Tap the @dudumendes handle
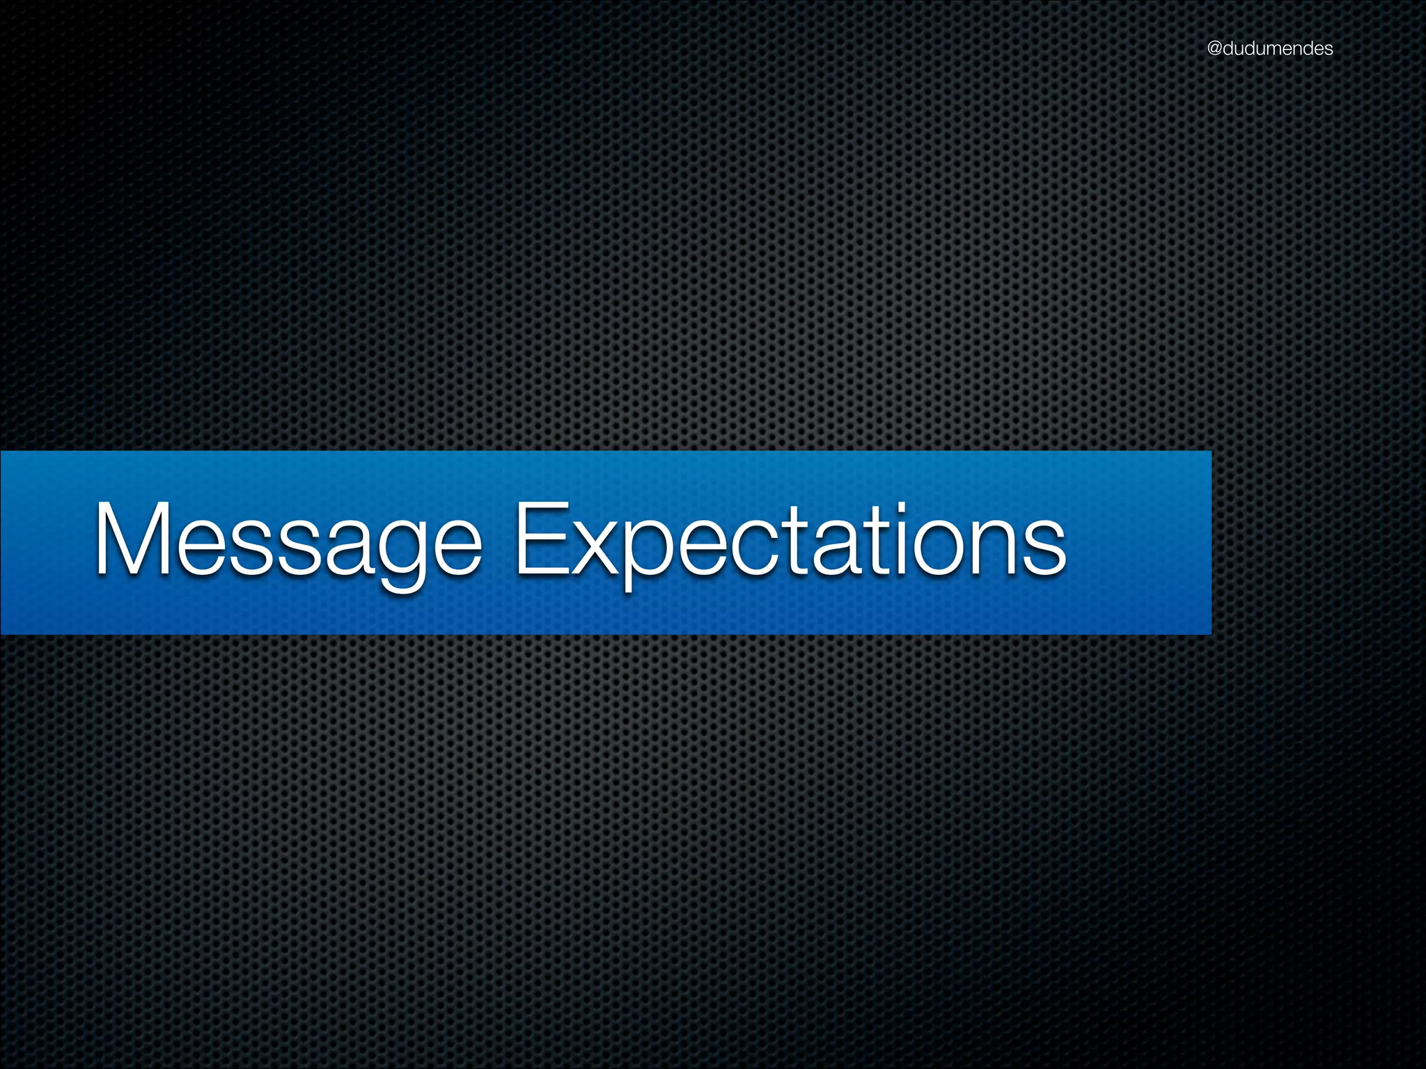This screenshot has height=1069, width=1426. [x=1270, y=49]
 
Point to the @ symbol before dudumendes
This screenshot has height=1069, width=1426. [x=1215, y=49]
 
